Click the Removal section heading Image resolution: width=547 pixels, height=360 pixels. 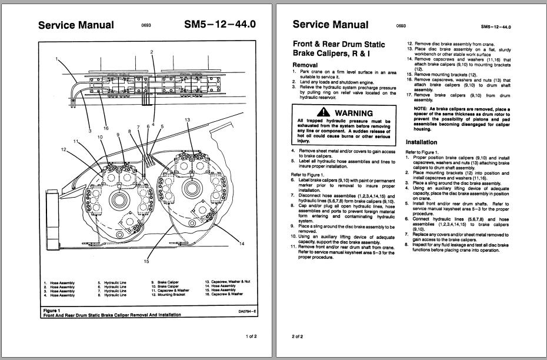(x=305, y=65)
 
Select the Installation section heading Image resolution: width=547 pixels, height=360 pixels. (x=422, y=142)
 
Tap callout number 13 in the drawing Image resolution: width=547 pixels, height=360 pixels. (x=187, y=120)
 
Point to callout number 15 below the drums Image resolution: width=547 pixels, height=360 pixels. (x=146, y=262)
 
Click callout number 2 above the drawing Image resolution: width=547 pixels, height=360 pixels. (x=152, y=52)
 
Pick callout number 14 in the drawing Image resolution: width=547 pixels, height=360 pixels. (x=242, y=243)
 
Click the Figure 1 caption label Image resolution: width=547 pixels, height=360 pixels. (x=52, y=309)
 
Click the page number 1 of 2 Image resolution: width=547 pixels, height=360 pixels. (x=251, y=336)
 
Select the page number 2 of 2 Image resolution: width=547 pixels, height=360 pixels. (x=298, y=336)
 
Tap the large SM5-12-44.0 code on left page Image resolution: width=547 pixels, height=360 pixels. (x=219, y=25)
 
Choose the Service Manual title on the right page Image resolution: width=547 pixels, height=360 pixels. (x=330, y=25)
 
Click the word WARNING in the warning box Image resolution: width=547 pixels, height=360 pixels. (x=354, y=112)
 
